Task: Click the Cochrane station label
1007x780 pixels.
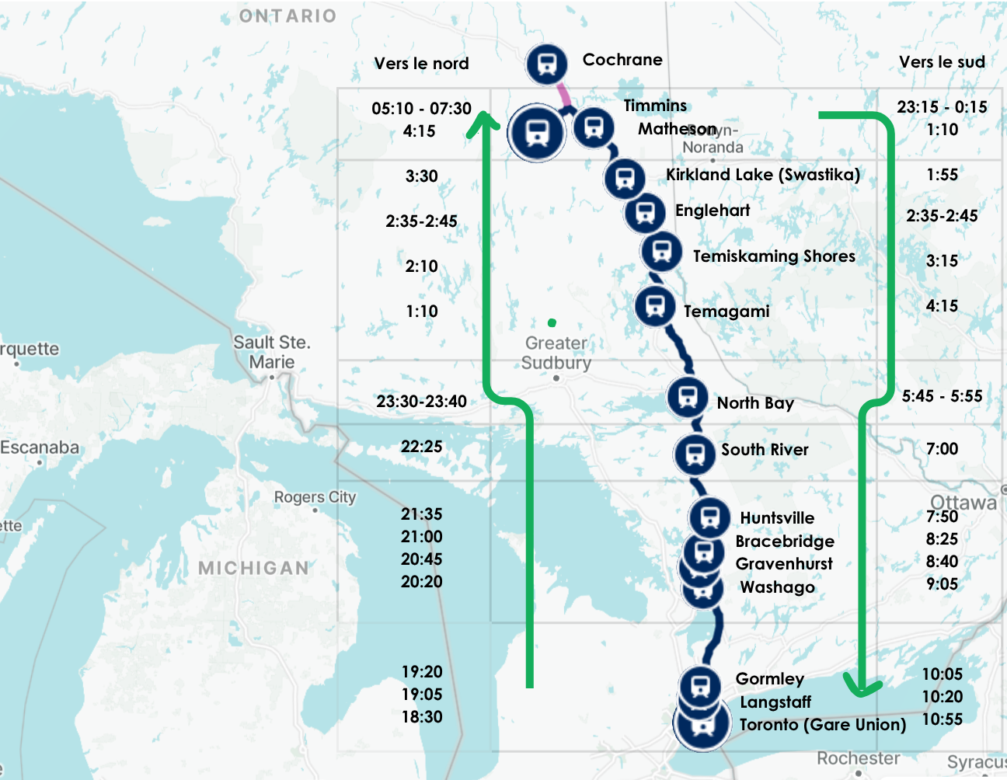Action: [622, 60]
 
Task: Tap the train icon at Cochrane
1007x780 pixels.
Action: [546, 64]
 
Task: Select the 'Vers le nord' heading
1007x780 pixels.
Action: [421, 64]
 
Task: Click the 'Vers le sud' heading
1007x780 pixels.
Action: [942, 62]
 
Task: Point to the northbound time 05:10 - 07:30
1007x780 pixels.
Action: [421, 108]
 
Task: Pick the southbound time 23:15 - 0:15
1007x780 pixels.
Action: [942, 106]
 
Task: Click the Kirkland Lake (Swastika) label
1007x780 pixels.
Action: [762, 175]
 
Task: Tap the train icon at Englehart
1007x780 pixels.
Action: [645, 211]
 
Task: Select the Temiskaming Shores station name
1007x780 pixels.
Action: [774, 256]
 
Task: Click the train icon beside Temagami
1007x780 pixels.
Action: [655, 305]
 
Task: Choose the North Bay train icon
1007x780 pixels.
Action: [687, 397]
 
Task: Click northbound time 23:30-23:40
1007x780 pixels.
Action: [421, 402]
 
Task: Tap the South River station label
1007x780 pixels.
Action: [765, 450]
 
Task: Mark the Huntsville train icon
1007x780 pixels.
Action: [709, 517]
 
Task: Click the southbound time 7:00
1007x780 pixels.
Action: [942, 449]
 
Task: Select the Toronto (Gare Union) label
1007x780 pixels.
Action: [822, 725]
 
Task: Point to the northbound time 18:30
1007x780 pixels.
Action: [421, 717]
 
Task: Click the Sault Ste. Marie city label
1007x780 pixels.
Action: [272, 352]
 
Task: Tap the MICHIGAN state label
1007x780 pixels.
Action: [254, 569]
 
